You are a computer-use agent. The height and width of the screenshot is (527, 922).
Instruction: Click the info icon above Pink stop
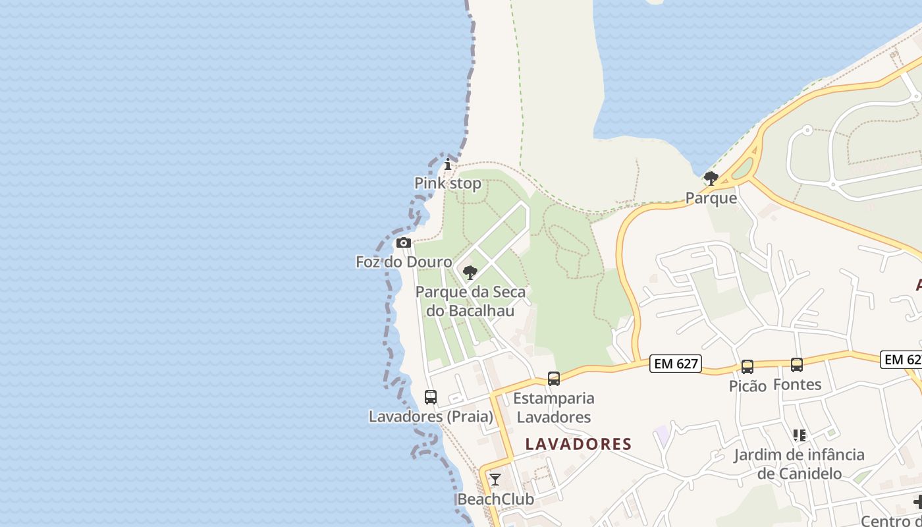(448, 164)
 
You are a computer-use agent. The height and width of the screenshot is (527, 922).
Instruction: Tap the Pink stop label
(448, 183)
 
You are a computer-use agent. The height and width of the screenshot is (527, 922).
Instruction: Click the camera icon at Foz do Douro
(404, 242)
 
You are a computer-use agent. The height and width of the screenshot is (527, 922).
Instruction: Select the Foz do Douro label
(404, 262)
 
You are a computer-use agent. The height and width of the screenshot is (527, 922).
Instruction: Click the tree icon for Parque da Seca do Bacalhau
(470, 272)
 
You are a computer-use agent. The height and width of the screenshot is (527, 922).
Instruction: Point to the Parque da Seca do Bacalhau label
(470, 301)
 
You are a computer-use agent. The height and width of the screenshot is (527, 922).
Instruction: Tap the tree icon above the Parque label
(711, 178)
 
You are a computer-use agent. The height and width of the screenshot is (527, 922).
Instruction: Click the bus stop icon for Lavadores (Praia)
(431, 397)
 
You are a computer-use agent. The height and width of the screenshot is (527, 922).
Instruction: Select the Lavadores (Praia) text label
(431, 416)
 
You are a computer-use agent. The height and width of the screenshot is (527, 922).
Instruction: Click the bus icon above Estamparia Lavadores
(554, 379)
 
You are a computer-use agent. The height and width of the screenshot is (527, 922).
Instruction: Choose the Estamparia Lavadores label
(553, 408)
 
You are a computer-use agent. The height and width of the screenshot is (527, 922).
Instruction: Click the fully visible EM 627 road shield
(675, 363)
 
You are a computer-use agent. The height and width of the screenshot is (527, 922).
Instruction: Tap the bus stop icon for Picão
(747, 367)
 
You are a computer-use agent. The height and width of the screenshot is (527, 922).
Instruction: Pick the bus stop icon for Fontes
(797, 365)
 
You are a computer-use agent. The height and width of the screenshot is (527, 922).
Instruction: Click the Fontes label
(797, 384)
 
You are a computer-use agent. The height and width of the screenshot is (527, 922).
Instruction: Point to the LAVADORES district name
(578, 444)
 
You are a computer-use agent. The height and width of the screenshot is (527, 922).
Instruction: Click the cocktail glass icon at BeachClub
(495, 480)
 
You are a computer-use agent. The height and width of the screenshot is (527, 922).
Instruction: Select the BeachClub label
(495, 499)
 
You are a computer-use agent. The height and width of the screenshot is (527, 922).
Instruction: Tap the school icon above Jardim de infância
(800, 435)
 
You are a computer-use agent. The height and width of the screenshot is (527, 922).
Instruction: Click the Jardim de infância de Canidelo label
(800, 464)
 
